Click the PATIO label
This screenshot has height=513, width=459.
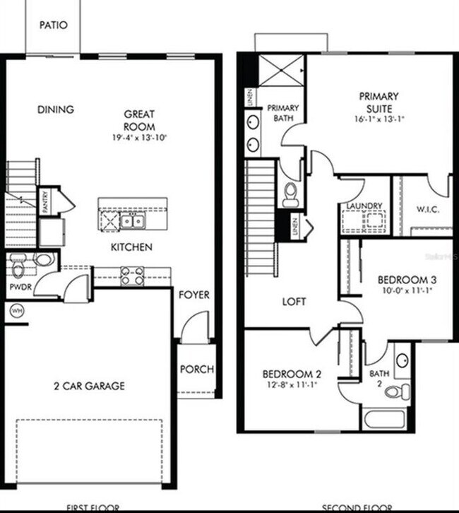tap(53, 25)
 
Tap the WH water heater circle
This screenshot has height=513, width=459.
tap(16, 309)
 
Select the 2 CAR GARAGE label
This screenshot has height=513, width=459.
tap(90, 386)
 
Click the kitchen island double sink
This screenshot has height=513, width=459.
tap(132, 221)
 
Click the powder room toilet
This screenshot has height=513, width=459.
tap(19, 266)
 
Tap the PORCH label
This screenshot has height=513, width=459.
tap(196, 370)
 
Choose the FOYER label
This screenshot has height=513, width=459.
tap(193, 294)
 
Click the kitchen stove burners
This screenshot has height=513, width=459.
tap(133, 275)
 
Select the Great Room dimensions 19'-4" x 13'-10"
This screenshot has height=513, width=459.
tap(139, 136)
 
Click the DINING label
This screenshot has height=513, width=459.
tap(56, 110)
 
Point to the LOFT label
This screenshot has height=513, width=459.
tap(294, 302)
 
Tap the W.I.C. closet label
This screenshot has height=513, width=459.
tap(429, 209)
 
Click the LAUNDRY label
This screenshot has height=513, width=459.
tap(364, 206)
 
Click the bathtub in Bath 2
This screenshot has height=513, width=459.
tap(384, 418)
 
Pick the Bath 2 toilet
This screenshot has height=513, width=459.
tap(398, 390)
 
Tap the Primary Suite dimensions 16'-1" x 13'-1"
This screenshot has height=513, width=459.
tap(378, 119)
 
